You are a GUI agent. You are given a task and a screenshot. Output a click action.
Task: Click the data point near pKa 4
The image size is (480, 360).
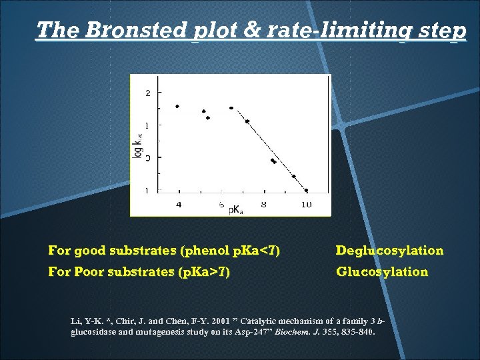[x=177, y=106]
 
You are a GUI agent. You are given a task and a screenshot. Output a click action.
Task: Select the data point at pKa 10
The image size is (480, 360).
[x=306, y=190]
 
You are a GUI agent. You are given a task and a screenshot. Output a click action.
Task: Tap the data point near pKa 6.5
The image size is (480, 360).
[x=231, y=108]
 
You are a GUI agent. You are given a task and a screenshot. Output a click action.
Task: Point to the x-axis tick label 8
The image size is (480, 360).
[x=264, y=205]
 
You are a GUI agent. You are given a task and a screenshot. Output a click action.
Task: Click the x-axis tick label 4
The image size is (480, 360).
[x=178, y=205]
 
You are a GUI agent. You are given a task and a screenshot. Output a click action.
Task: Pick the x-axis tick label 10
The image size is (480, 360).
[x=306, y=205]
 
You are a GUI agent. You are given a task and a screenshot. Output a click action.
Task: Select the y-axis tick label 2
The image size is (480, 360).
[x=147, y=93]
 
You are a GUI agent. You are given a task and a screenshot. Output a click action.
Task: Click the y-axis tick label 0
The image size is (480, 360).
[x=147, y=158]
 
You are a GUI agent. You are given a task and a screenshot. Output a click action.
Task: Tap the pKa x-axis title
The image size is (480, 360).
[x=235, y=210]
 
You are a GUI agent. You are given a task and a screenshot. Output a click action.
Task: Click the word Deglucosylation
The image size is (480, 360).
[x=389, y=251]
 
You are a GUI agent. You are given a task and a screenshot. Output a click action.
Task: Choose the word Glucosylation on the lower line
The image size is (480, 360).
[x=382, y=271]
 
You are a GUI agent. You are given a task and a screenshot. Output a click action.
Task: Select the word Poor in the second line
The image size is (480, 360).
[x=89, y=271]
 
